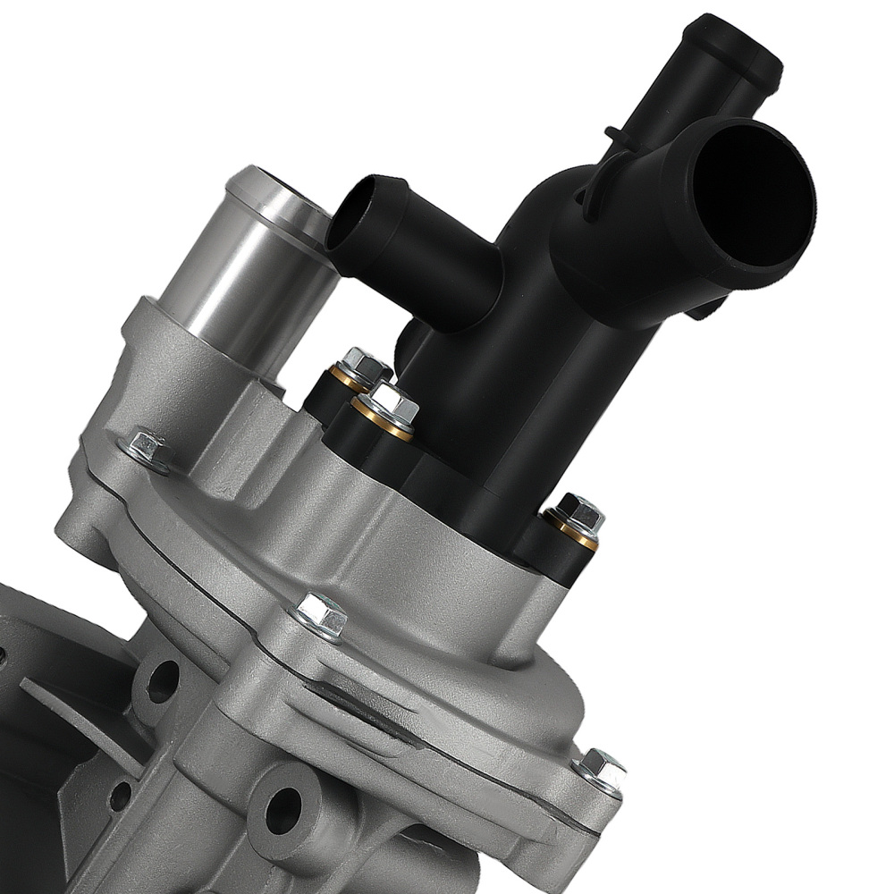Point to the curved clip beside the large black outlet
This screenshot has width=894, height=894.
tap(595, 183)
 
